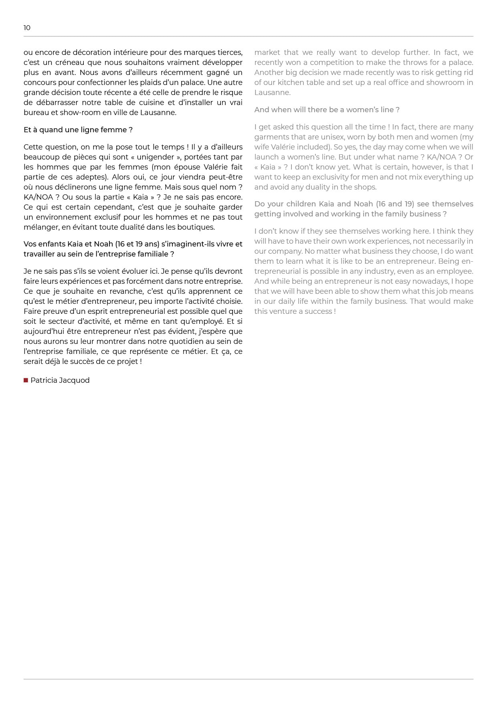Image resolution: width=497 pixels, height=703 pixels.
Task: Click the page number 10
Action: pos(27,28)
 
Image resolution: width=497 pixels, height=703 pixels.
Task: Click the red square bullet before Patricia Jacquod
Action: pos(26,380)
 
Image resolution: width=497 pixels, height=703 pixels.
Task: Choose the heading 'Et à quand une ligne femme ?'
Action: pos(78,130)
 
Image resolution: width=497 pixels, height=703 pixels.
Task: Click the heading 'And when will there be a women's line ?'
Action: pos(327,110)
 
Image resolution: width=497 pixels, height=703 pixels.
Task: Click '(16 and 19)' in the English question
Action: pos(395,204)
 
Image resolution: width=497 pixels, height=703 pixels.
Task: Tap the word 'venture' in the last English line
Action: pos(283,311)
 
